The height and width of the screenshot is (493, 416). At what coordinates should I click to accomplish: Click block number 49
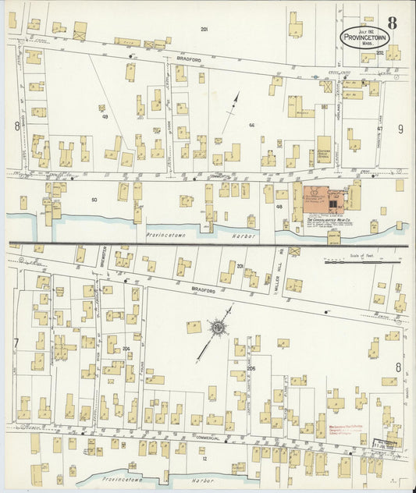tap(104, 117)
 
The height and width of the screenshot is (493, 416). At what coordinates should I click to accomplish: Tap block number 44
tap(252, 125)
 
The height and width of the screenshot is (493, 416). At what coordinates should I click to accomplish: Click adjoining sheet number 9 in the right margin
tap(400, 129)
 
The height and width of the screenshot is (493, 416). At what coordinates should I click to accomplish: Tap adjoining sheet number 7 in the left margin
tap(15, 344)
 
